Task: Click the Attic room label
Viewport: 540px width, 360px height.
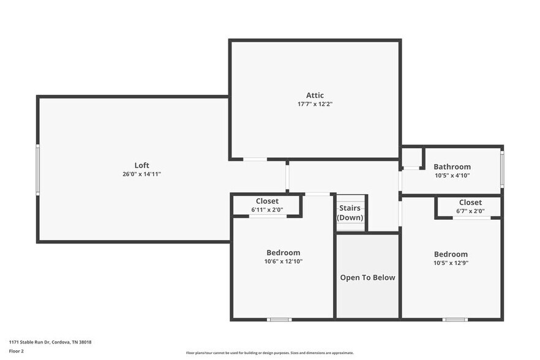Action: (315, 95)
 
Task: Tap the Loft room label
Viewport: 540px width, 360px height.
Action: (141, 165)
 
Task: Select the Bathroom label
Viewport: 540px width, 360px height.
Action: (452, 167)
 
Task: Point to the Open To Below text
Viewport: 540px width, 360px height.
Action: (367, 277)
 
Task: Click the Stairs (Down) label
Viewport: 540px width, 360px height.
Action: (350, 212)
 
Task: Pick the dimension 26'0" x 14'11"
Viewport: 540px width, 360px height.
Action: (141, 174)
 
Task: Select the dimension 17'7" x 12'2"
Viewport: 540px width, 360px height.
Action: (315, 104)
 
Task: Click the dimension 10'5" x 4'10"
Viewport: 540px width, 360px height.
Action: (452, 176)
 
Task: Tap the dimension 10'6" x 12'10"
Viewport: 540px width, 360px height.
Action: (283, 261)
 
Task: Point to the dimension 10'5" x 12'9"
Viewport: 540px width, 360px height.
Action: (451, 263)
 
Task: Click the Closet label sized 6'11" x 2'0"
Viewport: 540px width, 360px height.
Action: (267, 201)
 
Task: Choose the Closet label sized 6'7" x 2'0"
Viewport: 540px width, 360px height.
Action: (470, 202)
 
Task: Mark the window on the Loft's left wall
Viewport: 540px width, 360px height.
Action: (38, 170)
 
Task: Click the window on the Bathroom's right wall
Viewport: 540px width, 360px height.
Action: (502, 169)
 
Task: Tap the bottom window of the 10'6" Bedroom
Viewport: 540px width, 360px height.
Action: (280, 319)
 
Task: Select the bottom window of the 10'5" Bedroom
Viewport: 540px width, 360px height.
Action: (456, 319)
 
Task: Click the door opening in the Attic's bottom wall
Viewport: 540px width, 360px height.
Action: (255, 160)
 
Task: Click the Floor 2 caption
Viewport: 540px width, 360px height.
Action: (17, 351)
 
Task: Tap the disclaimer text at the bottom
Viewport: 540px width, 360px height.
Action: (269, 353)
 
